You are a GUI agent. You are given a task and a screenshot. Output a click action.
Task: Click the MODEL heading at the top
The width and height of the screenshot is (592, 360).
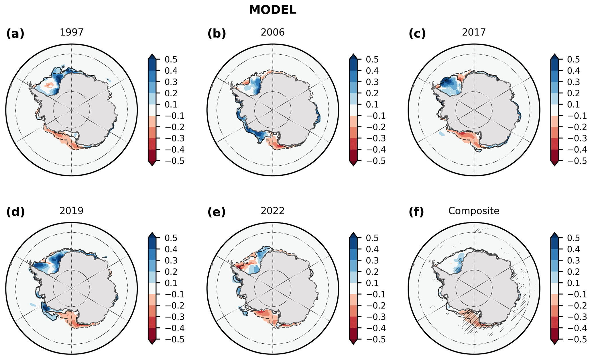272,10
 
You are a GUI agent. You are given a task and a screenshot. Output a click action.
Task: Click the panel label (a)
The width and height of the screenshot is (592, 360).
15,34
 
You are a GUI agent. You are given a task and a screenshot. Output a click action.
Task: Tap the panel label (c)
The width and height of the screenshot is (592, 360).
417,34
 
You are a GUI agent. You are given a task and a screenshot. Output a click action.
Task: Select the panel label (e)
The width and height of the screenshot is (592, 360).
216,212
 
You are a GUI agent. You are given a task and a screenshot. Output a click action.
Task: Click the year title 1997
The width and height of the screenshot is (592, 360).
72,32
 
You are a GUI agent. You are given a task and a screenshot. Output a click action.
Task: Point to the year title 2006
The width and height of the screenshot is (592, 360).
273,32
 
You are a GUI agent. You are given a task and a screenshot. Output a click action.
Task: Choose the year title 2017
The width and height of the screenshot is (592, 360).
474,32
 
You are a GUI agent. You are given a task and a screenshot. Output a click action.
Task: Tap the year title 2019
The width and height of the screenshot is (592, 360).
72,211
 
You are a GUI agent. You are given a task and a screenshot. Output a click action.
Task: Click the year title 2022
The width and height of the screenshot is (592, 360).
273,211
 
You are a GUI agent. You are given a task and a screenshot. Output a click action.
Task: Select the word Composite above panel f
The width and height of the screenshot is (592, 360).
474,211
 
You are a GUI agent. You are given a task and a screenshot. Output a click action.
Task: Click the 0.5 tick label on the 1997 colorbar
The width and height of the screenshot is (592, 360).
171,60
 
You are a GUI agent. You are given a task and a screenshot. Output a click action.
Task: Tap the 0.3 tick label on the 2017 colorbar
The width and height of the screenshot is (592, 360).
573,82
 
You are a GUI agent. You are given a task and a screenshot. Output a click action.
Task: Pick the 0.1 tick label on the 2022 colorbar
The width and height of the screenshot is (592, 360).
372,283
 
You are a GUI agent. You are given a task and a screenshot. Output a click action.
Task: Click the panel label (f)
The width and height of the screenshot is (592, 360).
416,212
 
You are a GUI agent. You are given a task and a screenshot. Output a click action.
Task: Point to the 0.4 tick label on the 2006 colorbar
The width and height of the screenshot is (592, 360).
372,71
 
